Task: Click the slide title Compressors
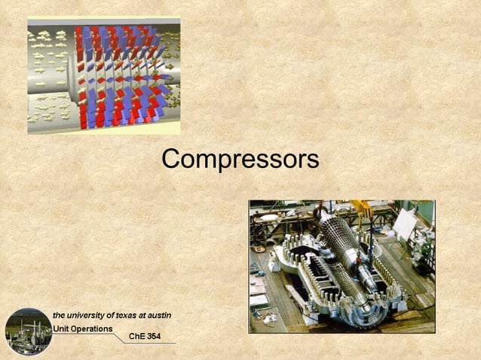coord(240,159)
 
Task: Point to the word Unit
coord(61,328)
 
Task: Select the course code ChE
coord(137,336)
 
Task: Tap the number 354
coord(155,336)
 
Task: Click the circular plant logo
coord(28,331)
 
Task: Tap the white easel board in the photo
coord(405,223)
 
